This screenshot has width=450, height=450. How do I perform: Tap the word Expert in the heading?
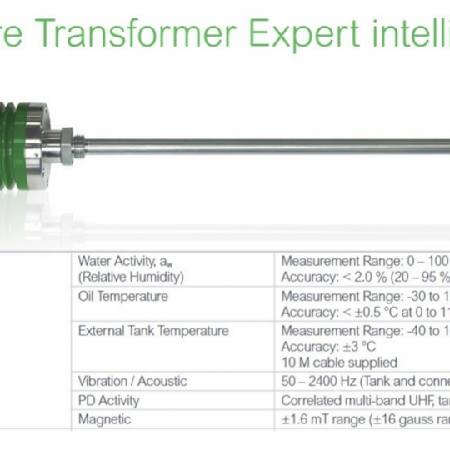coord(304,35)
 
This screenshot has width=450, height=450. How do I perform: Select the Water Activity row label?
coord(125,261)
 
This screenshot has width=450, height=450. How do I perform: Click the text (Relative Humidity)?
coord(131,277)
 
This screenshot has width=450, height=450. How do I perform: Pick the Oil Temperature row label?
coord(123,296)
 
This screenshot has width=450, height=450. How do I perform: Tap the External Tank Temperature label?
coord(153,331)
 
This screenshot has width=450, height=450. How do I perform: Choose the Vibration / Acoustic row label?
coord(132,381)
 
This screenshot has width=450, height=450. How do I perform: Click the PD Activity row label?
coord(109,400)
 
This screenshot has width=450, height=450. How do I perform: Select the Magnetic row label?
coord(104,419)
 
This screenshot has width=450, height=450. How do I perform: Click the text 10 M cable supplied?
coord(339,362)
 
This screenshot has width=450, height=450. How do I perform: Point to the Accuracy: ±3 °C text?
coord(328,347)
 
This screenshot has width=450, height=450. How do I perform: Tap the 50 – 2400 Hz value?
coord(319,381)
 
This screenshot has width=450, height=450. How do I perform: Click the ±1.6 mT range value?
coord(323,419)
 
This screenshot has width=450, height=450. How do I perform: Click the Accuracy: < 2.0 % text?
coord(334,277)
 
